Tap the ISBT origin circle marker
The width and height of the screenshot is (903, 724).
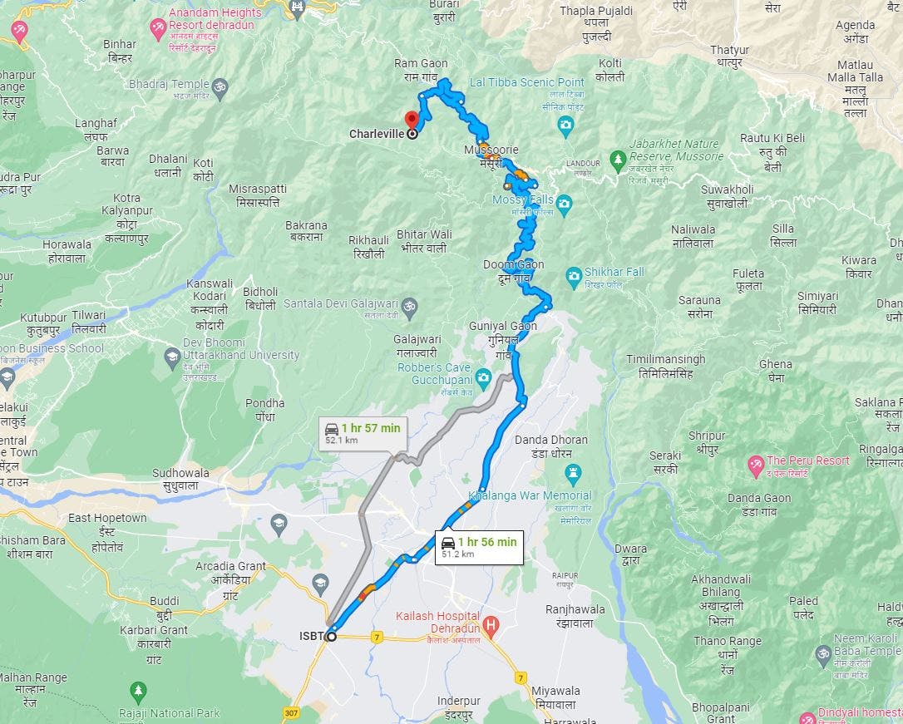click(x=331, y=637)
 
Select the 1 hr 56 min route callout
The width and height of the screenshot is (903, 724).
click(x=480, y=546)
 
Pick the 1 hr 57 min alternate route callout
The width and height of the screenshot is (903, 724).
click(x=363, y=433)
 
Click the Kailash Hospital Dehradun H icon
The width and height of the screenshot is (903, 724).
click(x=491, y=623)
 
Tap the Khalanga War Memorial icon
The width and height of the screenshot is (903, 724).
click(x=572, y=474)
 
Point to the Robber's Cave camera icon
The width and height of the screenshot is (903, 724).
click(x=484, y=381)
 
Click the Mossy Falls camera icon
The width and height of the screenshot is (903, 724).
click(x=565, y=203)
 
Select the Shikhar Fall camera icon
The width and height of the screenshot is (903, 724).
click(x=573, y=275)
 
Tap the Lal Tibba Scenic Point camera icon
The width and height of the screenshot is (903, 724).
click(x=565, y=126)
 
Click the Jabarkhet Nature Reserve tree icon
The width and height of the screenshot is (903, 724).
click(x=617, y=156)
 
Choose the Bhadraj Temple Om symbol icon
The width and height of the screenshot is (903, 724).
click(x=220, y=86)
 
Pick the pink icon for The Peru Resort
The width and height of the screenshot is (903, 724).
click(x=756, y=462)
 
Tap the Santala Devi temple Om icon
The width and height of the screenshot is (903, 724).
click(x=408, y=307)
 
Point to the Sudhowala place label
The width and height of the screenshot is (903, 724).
click(x=180, y=479)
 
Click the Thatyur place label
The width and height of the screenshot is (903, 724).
click(x=730, y=56)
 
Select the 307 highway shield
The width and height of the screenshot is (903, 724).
click(x=291, y=713)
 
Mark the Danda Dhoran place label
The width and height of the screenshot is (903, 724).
click(x=551, y=446)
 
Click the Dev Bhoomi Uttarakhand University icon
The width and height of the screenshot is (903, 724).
click(x=172, y=356)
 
